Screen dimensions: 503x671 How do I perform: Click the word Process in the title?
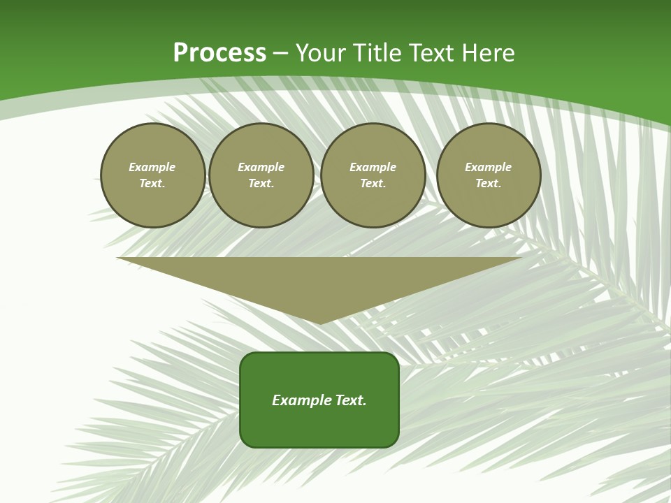pyautogui.click(x=219, y=53)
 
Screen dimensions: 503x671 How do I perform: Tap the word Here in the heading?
pyautogui.click(x=488, y=53)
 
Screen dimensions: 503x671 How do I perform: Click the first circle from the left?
pyautogui.click(x=152, y=175)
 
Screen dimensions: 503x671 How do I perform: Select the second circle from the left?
pyautogui.click(x=261, y=175)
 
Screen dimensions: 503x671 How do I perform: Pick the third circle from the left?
pyautogui.click(x=373, y=175)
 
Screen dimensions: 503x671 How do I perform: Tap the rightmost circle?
pyautogui.click(x=489, y=175)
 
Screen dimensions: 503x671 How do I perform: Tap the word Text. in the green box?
pyautogui.click(x=351, y=400)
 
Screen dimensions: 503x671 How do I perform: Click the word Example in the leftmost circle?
pyautogui.click(x=152, y=168)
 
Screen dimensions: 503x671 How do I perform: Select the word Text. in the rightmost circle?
pyautogui.click(x=489, y=184)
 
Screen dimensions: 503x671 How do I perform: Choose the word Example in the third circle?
pyautogui.click(x=373, y=168)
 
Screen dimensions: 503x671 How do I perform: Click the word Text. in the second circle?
pyautogui.click(x=261, y=184)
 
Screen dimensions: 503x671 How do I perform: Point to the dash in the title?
pyautogui.click(x=280, y=53)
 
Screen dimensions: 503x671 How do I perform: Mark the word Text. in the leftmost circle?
pyautogui.click(x=152, y=184)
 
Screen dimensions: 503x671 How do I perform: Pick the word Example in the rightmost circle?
pyautogui.click(x=489, y=168)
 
